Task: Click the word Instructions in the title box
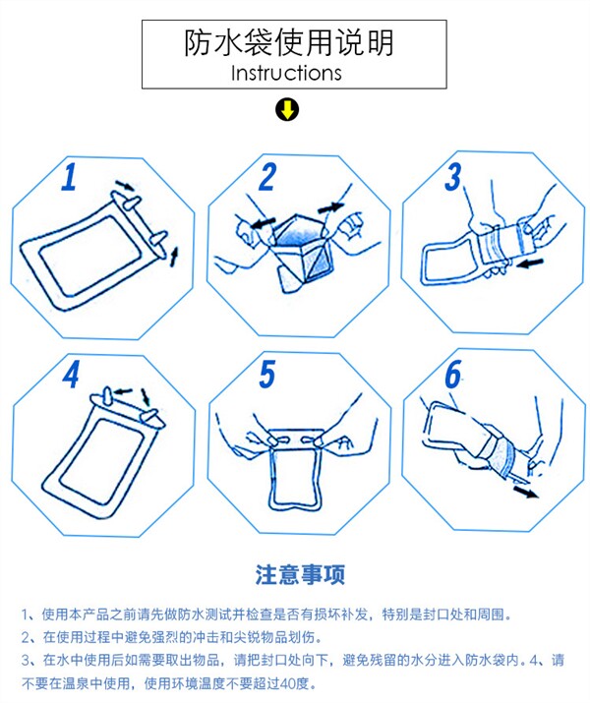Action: (286, 73)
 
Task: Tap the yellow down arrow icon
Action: (287, 110)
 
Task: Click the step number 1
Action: (69, 177)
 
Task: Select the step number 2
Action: (267, 177)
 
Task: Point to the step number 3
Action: (452, 177)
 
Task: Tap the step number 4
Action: (71, 374)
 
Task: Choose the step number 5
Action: (267, 374)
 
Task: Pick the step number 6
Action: (452, 374)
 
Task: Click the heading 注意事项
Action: (300, 574)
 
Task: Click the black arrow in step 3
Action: (530, 264)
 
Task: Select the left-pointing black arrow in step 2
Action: (263, 223)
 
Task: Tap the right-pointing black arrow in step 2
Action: (330, 207)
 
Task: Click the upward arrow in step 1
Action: (174, 257)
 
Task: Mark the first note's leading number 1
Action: (26, 615)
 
